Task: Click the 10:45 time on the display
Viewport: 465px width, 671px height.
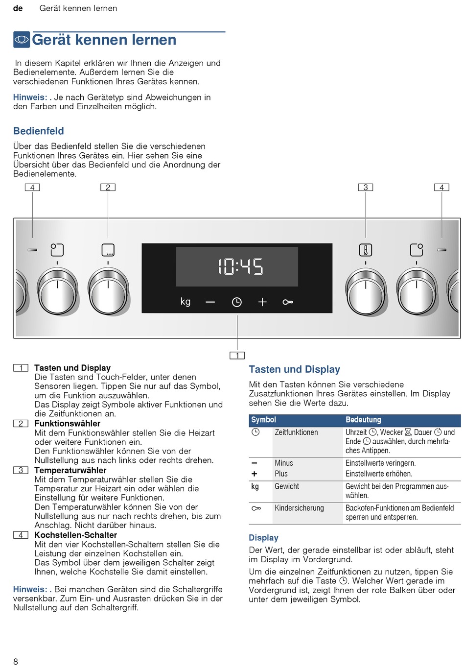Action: [x=240, y=267]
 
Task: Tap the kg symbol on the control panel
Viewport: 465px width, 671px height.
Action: [x=186, y=301]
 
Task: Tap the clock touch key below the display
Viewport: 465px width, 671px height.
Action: [x=237, y=302]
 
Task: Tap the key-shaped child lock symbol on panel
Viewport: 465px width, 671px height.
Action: [x=288, y=302]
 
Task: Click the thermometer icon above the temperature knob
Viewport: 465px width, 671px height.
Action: [x=366, y=250]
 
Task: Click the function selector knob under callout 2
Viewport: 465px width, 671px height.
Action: [x=108, y=292]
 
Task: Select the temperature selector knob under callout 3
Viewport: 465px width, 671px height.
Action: [x=366, y=292]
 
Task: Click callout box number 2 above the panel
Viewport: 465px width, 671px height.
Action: [x=108, y=188]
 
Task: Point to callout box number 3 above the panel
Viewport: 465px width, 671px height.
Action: [x=366, y=188]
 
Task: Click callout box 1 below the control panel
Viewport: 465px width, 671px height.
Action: [x=237, y=356]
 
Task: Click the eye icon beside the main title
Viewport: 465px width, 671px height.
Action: [x=22, y=40]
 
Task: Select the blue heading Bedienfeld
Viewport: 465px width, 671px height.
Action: [x=39, y=131]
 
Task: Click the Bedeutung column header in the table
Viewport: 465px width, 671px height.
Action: [x=363, y=420]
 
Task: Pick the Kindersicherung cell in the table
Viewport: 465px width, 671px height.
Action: [x=299, y=508]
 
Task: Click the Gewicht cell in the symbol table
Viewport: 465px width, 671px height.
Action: [x=287, y=486]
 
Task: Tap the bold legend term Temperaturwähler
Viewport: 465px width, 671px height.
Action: [x=70, y=470]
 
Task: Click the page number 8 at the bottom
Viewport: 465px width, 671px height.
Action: [x=16, y=662]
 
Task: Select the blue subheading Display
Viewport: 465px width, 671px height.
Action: [x=263, y=538]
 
